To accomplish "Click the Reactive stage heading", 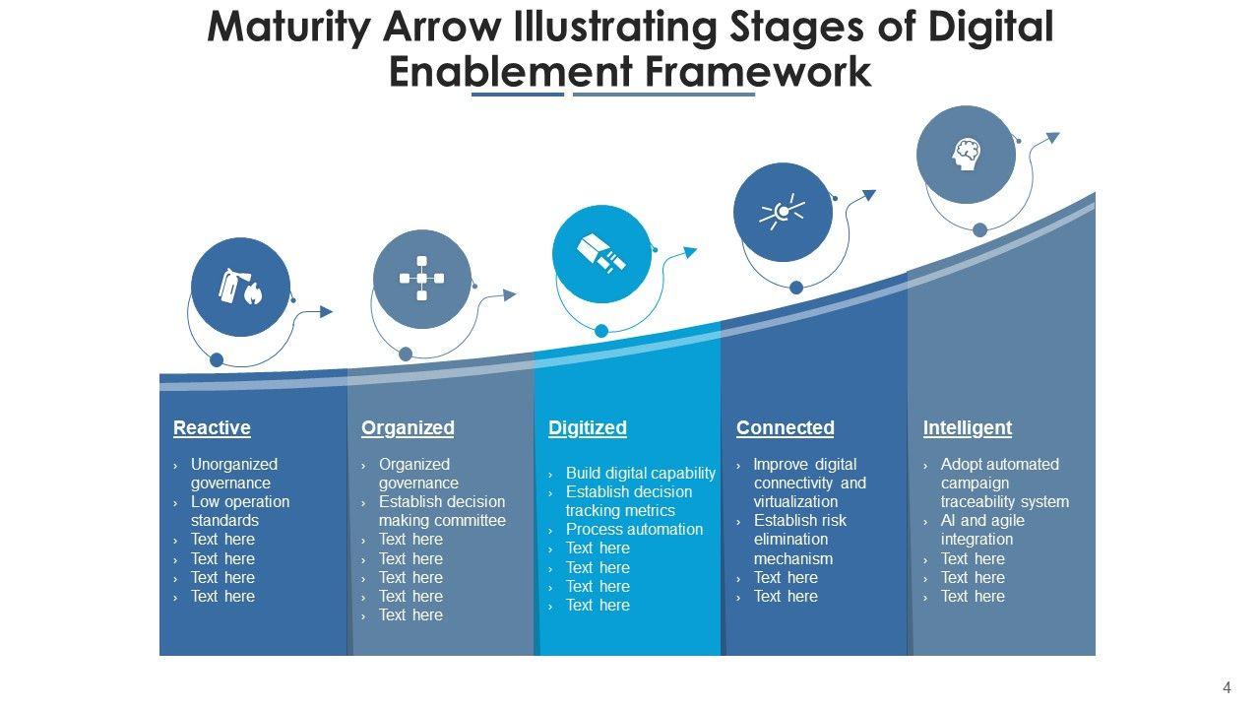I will click(212, 427).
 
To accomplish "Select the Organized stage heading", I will click(408, 427).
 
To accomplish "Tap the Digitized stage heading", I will click(587, 427).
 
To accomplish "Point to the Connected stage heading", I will click(785, 427).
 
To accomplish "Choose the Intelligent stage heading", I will click(967, 427).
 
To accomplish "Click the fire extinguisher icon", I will click(240, 288).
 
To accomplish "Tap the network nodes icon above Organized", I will click(422, 279).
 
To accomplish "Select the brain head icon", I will click(966, 154).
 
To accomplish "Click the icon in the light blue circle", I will click(601, 254).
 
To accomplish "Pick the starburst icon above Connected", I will click(783, 212).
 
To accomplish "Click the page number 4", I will click(1227, 688).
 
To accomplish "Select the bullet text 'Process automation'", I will click(634, 529).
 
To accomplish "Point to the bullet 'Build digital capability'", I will click(640, 473).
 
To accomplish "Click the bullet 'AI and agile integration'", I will click(981, 530).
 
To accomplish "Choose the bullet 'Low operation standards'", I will click(239, 510).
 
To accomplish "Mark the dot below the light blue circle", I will click(601, 332).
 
